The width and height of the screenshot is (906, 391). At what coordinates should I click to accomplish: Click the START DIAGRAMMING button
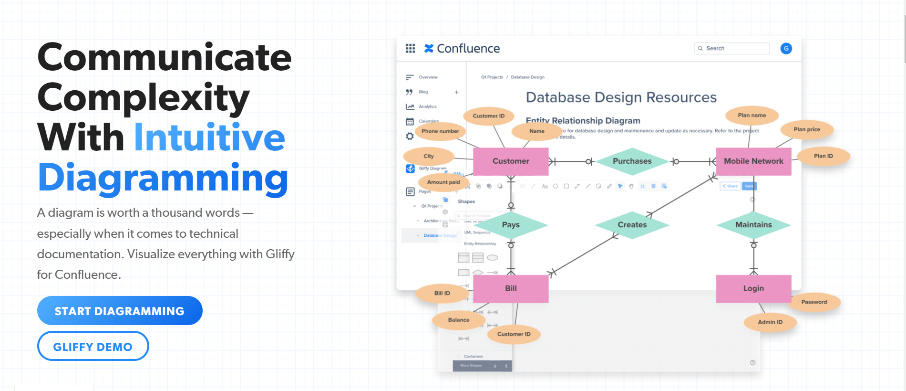click(120, 311)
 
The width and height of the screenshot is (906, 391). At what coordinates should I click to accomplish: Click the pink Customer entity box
click(511, 161)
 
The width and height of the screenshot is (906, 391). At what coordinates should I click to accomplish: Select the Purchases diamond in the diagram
click(632, 161)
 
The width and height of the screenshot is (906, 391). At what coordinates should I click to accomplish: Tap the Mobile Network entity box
click(753, 161)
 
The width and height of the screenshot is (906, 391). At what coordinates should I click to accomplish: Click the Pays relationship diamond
click(511, 225)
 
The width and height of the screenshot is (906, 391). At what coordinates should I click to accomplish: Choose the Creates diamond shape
click(632, 225)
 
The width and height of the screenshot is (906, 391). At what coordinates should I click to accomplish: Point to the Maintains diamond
click(753, 225)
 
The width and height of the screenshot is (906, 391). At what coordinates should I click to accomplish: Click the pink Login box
click(753, 288)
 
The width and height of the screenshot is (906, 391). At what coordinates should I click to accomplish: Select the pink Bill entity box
click(511, 288)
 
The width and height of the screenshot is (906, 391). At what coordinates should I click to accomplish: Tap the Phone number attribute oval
click(440, 131)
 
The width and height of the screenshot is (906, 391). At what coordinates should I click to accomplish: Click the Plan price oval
click(807, 129)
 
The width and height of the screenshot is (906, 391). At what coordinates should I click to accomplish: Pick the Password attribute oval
click(814, 302)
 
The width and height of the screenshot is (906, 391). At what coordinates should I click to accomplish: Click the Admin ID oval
click(770, 322)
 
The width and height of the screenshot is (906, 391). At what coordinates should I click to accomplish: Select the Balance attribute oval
click(458, 320)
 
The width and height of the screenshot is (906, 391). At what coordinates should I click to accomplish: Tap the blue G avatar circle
click(786, 48)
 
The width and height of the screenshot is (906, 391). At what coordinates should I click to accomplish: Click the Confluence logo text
click(468, 49)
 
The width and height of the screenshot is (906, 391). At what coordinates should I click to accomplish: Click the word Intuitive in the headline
click(209, 137)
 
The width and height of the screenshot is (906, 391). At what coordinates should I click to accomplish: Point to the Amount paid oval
click(443, 182)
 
